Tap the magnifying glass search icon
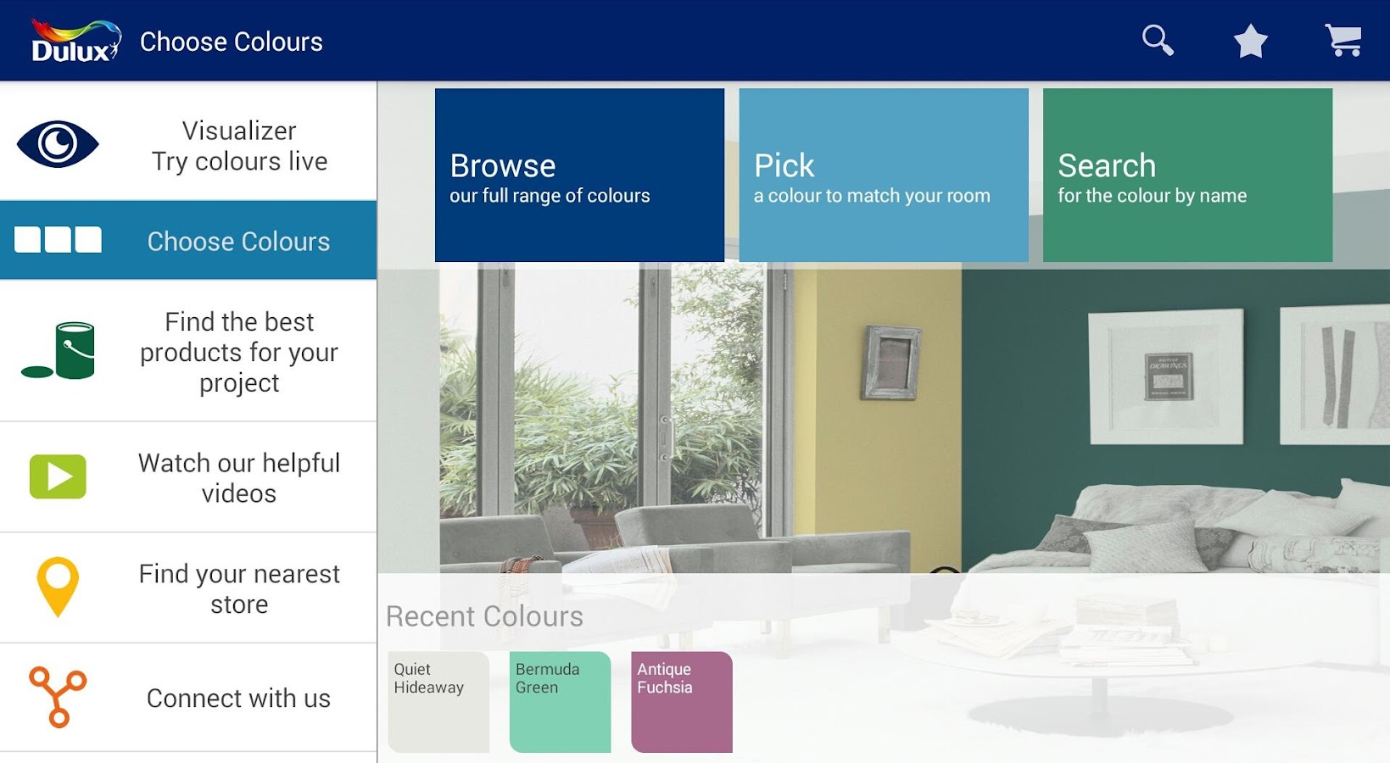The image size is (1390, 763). click(1158, 40)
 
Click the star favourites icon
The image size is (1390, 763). click(1250, 41)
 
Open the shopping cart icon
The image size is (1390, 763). click(1343, 40)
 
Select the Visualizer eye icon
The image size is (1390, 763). click(58, 144)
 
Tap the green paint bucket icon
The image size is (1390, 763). click(61, 350)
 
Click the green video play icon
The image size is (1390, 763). click(58, 476)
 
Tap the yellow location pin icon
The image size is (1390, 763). click(58, 586)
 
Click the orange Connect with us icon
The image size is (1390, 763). click(58, 697)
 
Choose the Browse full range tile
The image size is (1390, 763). click(579, 175)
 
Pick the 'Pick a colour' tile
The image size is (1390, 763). click(883, 175)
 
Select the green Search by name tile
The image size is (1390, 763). click(1187, 175)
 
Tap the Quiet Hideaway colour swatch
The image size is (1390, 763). click(438, 701)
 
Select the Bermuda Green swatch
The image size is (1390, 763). click(560, 701)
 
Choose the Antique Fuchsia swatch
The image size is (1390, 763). click(682, 701)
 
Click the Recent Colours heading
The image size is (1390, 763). click(484, 616)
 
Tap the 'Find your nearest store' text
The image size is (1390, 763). click(239, 588)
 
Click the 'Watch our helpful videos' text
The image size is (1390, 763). click(239, 478)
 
